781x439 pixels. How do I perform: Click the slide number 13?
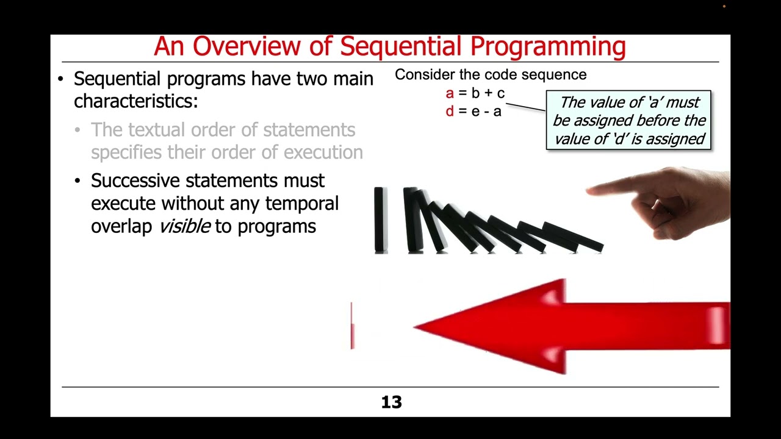click(391, 402)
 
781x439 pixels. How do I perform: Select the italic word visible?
click(184, 226)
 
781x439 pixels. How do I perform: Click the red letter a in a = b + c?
click(450, 93)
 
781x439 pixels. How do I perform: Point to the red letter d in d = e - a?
click(450, 112)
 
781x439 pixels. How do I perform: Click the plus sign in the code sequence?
click(488, 93)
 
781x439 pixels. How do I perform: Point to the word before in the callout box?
click(636, 121)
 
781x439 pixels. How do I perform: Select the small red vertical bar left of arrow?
click(352, 326)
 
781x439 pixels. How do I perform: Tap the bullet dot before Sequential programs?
click(60, 79)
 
